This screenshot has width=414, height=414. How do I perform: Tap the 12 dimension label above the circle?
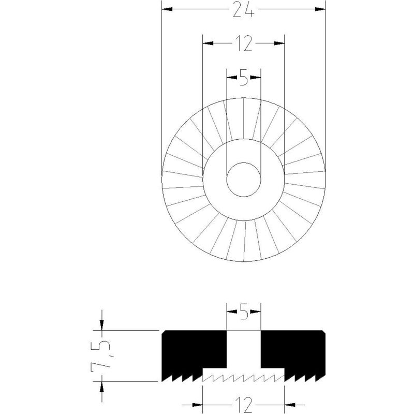point(243,43)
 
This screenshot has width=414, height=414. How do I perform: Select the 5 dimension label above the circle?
point(244,78)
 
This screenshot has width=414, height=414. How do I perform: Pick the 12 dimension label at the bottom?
point(244,404)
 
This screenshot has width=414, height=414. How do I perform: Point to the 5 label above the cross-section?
point(244,312)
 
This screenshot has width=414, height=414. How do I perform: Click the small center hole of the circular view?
point(244,180)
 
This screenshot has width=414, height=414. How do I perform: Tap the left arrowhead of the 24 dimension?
point(167,9)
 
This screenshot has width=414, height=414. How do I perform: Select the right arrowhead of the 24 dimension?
point(320,9)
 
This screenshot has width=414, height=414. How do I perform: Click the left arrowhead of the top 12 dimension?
point(208,43)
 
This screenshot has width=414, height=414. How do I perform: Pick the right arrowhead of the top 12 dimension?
point(279,43)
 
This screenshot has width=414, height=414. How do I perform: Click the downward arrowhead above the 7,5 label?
point(102,325)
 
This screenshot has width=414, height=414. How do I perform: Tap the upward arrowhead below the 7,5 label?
point(102,387)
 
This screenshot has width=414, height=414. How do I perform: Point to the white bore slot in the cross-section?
point(244,349)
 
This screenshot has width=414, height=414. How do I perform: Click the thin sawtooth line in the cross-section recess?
point(243,378)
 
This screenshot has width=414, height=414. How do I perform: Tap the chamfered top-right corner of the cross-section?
point(324,332)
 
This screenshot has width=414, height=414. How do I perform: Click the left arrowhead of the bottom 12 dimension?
point(198,405)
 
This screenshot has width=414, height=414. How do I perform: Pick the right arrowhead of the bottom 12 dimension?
point(290,405)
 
